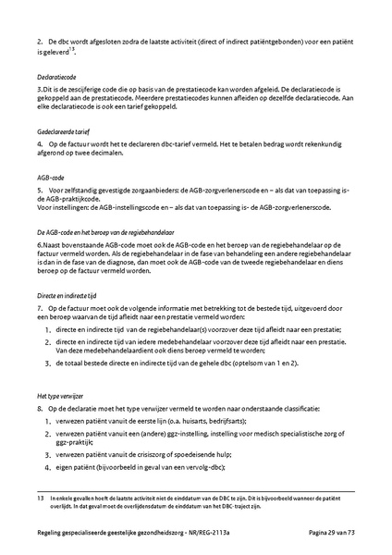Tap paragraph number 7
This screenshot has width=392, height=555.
coord(40,306)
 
